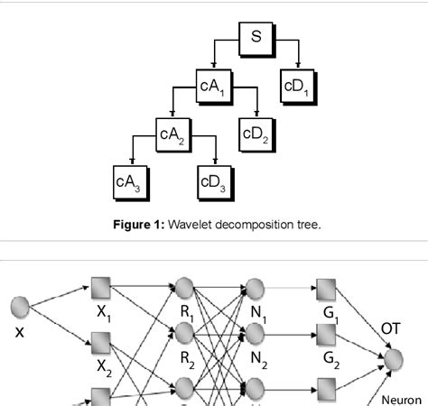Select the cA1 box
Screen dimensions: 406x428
[214, 88]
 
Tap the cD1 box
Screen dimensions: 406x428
[297, 88]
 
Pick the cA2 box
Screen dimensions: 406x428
[172, 135]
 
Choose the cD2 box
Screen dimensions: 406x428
[256, 135]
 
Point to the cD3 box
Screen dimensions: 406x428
[214, 182]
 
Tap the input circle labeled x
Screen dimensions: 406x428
[20, 309]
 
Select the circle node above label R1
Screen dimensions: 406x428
[185, 289]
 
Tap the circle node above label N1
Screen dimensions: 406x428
[254, 289]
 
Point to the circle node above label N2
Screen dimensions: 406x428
[254, 335]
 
